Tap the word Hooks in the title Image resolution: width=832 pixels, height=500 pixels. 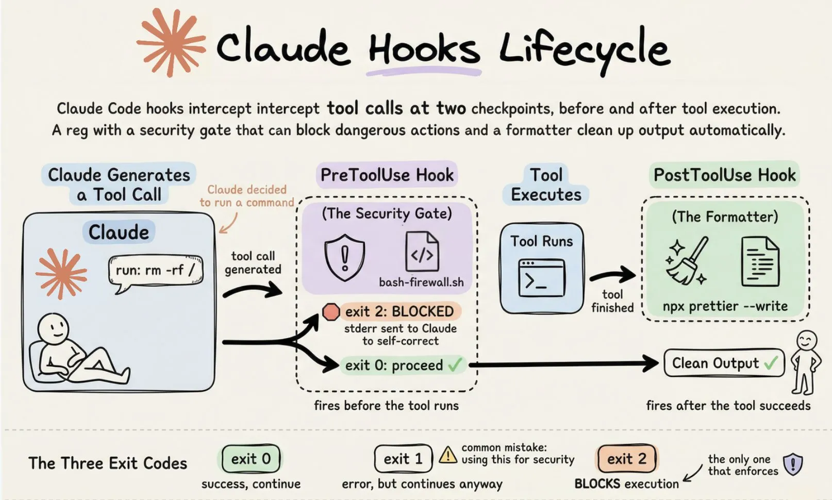424,49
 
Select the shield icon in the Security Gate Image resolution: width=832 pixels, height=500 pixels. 344,257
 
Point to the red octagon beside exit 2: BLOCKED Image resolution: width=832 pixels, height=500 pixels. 330,311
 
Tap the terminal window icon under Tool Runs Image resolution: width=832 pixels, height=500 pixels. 541,278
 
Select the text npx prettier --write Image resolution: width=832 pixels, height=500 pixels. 725,306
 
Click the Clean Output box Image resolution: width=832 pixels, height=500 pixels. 723,363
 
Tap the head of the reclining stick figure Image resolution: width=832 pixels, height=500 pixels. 53,327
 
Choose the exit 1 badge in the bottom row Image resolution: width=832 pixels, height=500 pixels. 403,458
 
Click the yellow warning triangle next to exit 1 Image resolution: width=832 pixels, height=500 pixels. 447,455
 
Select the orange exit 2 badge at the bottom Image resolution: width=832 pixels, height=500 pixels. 626,458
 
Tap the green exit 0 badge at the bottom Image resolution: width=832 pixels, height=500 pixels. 251,458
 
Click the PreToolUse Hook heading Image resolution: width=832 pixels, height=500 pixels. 387,175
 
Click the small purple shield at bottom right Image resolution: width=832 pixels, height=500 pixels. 792,464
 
